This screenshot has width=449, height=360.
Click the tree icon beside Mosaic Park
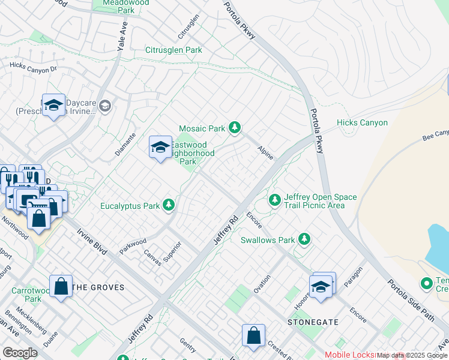click(235, 127)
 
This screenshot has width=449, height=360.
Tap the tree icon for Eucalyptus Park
click(169, 206)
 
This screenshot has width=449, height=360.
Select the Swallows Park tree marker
click(305, 240)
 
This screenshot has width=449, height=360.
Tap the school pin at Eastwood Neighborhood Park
click(160, 147)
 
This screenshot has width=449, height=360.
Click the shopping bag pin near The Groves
click(61, 286)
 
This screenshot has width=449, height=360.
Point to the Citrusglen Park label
click(173, 50)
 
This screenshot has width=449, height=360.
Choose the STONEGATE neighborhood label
click(313, 322)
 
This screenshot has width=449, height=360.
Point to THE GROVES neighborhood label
click(98, 287)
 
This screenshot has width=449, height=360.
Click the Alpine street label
click(265, 152)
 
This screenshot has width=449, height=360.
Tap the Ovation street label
click(262, 284)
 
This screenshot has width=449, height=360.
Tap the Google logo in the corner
click(20, 353)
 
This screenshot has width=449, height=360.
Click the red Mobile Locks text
click(349, 355)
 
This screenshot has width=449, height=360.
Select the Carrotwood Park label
click(26, 294)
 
